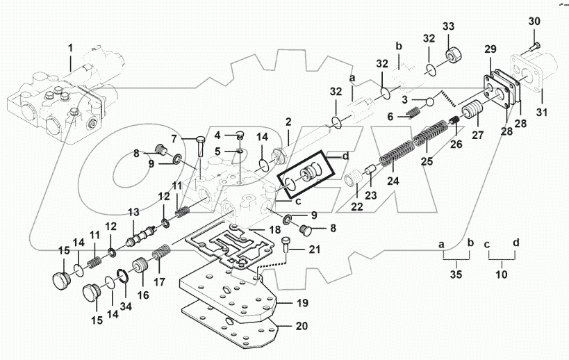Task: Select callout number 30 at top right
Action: (534, 22)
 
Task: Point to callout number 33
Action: (448, 26)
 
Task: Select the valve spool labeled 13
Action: (138, 236)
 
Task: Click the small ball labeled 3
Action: (429, 102)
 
